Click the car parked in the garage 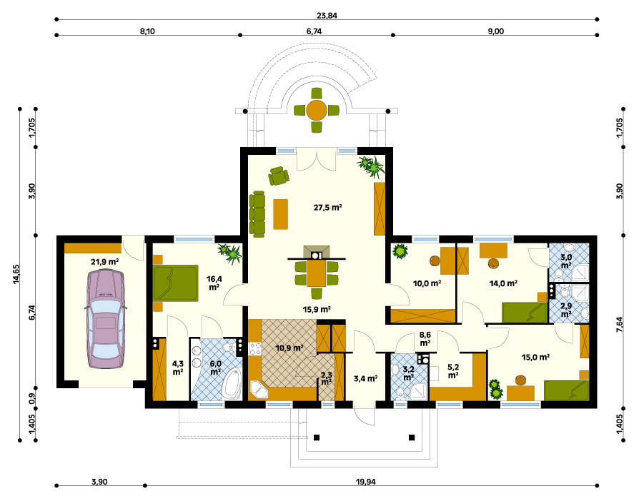(106, 319)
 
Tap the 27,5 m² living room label (327, 207)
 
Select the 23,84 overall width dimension (327, 16)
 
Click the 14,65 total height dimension (16, 274)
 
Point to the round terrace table (317, 111)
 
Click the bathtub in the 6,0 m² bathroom (232, 383)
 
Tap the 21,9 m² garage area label (104, 262)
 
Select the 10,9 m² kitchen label (289, 348)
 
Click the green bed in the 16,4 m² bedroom (176, 283)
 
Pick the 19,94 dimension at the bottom (365, 482)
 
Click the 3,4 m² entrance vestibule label (365, 379)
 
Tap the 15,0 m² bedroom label (536, 358)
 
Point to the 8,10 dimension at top (147, 31)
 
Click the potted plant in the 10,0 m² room (400, 250)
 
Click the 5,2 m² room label (452, 372)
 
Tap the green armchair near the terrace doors (279, 176)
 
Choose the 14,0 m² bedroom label (503, 283)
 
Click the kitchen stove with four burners (255, 349)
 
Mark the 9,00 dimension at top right (496, 31)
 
